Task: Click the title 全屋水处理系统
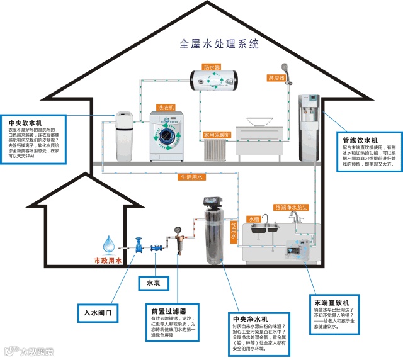click(x=219, y=43)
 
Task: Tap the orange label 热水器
click(x=211, y=67)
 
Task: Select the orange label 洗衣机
click(x=166, y=108)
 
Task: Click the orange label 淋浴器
click(x=276, y=78)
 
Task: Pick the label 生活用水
click(x=191, y=177)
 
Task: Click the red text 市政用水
click(x=108, y=260)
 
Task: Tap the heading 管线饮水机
click(x=360, y=139)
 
